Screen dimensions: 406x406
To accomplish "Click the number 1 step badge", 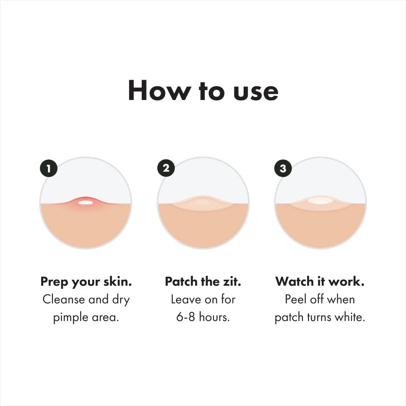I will pyautogui.click(x=48, y=168).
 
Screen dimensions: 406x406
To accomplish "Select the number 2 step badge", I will pyautogui.click(x=166, y=168).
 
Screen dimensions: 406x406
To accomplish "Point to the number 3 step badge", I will pyautogui.click(x=283, y=168).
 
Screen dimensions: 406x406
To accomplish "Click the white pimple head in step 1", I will pyautogui.click(x=86, y=203).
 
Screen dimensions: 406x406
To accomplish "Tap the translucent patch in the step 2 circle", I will pyautogui.click(x=203, y=203).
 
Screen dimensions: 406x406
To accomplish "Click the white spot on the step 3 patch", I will pyautogui.click(x=320, y=201).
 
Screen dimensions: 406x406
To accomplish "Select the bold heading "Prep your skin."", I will pyautogui.click(x=86, y=282).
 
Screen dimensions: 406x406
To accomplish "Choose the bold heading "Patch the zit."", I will pyautogui.click(x=203, y=282).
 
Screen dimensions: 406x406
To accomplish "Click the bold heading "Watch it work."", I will pyautogui.click(x=320, y=282).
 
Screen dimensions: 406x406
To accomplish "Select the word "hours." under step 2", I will pyautogui.click(x=214, y=317).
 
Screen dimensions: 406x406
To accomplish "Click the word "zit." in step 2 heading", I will pyautogui.click(x=232, y=282).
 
